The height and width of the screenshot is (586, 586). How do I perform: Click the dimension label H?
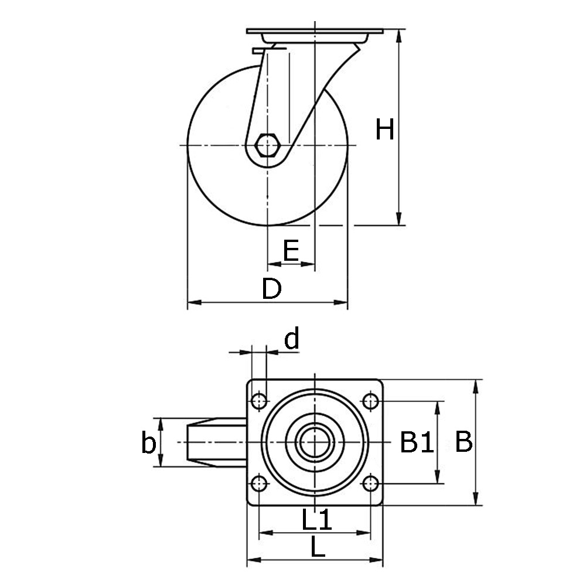coord(385,130)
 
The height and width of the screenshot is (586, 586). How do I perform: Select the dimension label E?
coord(291,250)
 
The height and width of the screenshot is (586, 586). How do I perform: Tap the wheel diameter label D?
coord(271,289)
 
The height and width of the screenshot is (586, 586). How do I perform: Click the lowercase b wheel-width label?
coord(149,444)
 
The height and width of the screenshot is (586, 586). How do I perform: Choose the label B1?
coord(417,442)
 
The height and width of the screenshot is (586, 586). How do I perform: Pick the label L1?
coord(317,519)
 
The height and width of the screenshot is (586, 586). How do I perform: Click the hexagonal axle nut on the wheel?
coord(267,145)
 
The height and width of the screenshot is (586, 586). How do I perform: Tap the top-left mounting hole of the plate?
coord(258,401)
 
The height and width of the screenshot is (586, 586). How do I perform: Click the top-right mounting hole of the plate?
coord(370,401)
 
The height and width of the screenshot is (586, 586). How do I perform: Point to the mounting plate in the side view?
coord(315,31)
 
